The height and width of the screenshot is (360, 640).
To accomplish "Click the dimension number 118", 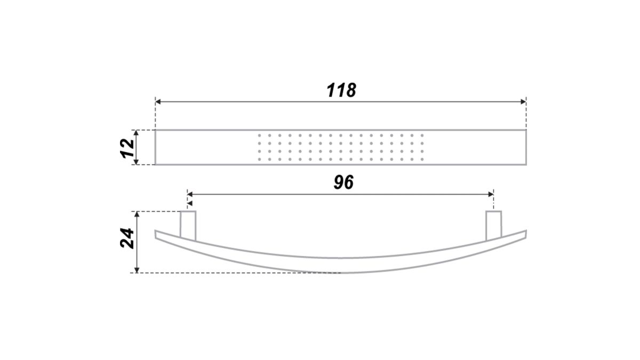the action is [341, 90].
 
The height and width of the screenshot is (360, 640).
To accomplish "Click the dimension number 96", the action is [343, 182].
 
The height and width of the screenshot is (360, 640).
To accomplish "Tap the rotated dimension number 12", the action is [127, 148].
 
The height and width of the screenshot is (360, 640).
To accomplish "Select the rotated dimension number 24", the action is [127, 238].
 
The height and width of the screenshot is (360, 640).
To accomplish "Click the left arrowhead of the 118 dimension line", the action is [158, 102].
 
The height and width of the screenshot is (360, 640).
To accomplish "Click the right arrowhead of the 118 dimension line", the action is [523, 102].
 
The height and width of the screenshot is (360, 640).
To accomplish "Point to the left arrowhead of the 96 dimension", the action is [190, 195].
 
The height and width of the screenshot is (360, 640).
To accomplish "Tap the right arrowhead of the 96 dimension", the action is [491, 195].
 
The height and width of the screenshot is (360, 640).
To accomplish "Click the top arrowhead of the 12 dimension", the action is [137, 133].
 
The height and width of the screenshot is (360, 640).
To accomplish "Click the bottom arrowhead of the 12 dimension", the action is [137, 162].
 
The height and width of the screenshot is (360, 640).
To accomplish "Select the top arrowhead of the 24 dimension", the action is [137, 214].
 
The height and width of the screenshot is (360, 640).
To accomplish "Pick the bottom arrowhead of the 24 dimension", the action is [137, 270].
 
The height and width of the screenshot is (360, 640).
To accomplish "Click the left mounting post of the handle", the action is [188, 226].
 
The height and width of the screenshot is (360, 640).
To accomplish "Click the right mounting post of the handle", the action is [494, 226].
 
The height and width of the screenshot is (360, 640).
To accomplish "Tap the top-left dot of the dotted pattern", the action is [259, 135].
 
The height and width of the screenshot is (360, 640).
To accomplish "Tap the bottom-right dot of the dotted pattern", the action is [422, 159].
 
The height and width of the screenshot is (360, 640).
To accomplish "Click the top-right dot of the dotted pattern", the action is [422, 135].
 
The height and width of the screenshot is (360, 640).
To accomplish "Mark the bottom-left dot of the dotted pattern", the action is [259, 159].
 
